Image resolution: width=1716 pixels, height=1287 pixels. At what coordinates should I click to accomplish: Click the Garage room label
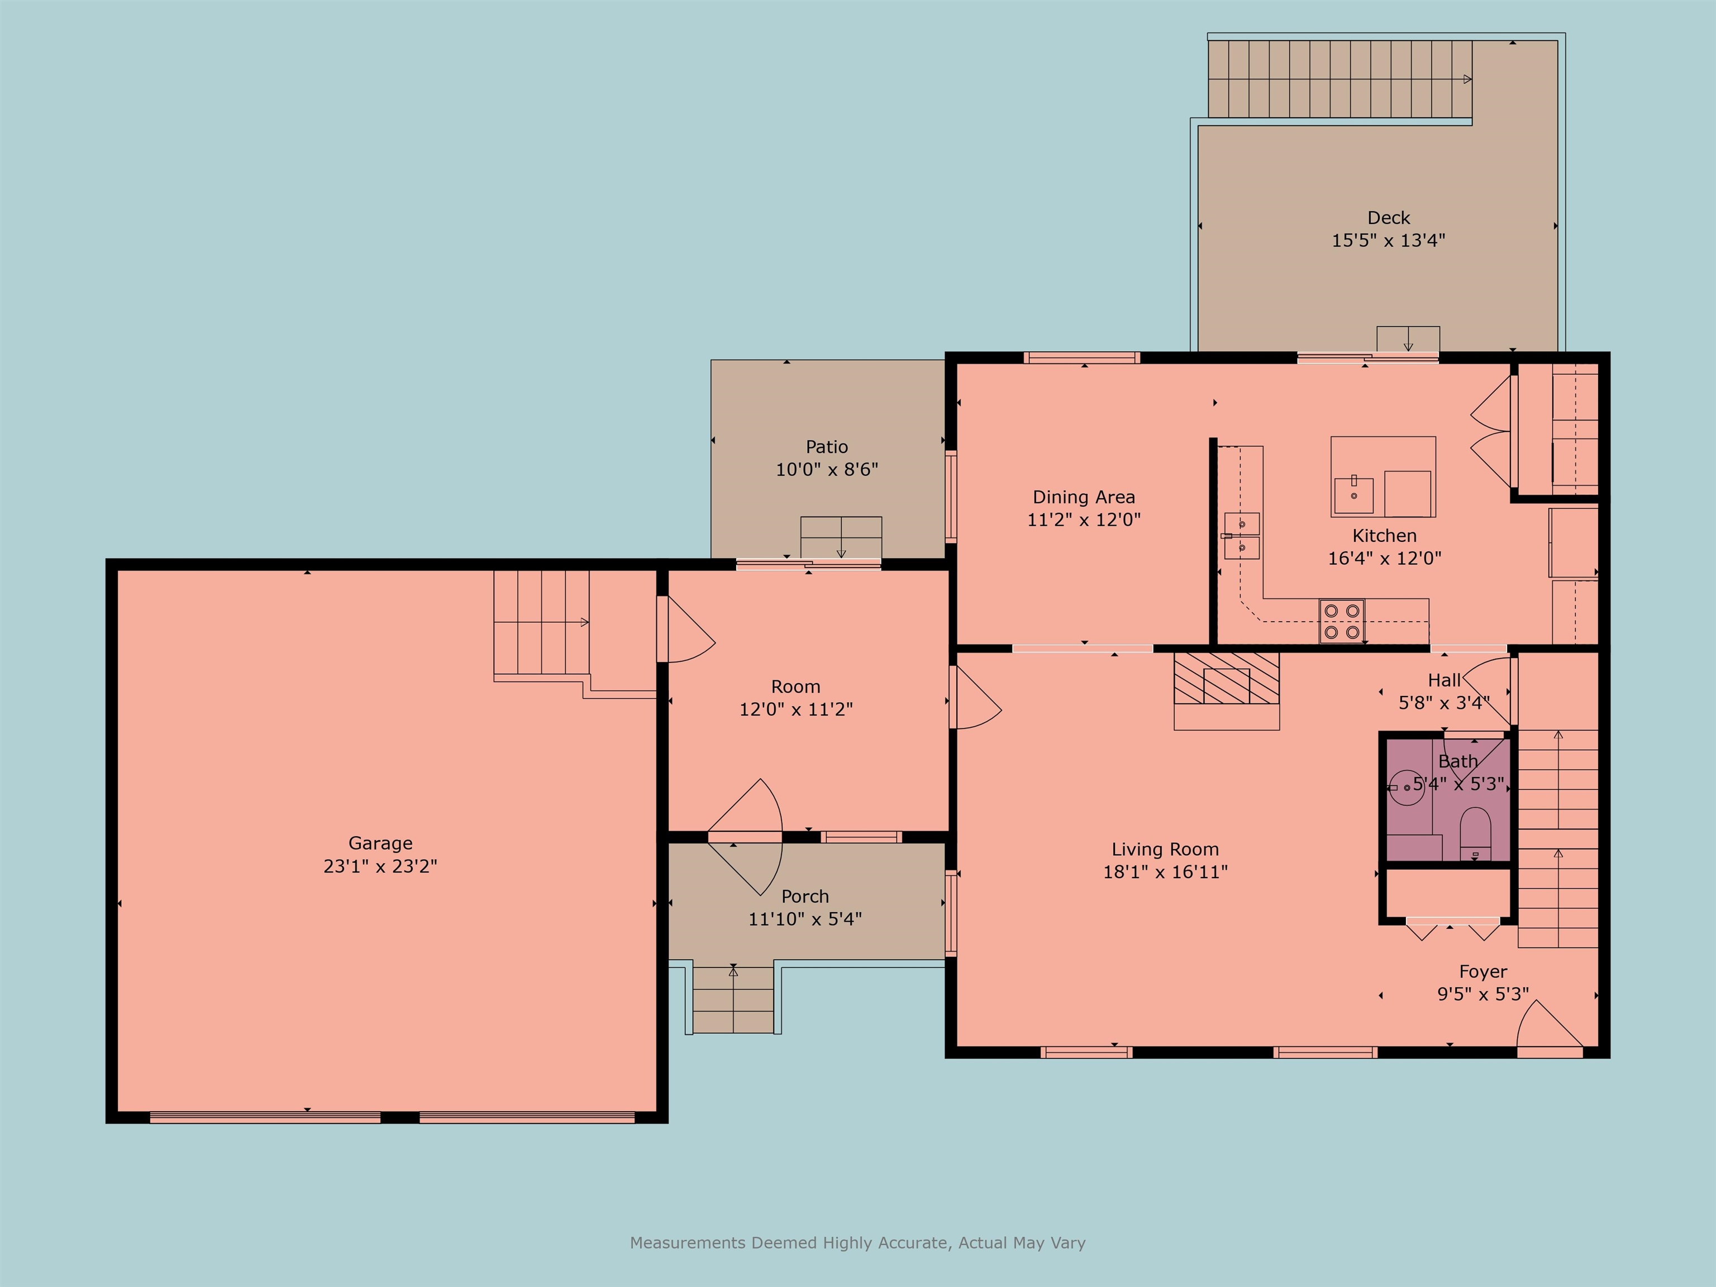coord(380,843)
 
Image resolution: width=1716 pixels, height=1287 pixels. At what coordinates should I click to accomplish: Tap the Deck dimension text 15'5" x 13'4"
coord(1388,241)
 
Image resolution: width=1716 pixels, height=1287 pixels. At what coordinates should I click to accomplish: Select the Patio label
coord(826,447)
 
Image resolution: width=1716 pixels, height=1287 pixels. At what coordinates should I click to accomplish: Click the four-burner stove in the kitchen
coord(1342,621)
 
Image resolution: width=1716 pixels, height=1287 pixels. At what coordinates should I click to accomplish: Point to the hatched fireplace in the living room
coord(1226,679)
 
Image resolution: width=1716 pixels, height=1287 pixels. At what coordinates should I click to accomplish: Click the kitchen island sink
coord(1353,493)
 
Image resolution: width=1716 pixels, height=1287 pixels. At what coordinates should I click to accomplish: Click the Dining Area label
coord(1083,497)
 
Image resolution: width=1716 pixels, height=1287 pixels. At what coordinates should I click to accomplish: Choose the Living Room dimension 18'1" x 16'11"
coord(1165,872)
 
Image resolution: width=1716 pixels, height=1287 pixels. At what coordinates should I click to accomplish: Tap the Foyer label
coord(1483,972)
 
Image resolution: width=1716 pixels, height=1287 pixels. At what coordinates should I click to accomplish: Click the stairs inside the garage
coord(541,622)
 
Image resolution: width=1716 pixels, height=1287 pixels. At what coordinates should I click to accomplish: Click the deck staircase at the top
coord(1340,79)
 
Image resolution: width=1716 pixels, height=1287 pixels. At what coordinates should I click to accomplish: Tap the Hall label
coord(1444,680)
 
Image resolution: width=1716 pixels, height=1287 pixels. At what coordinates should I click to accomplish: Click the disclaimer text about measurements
coord(857,1243)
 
